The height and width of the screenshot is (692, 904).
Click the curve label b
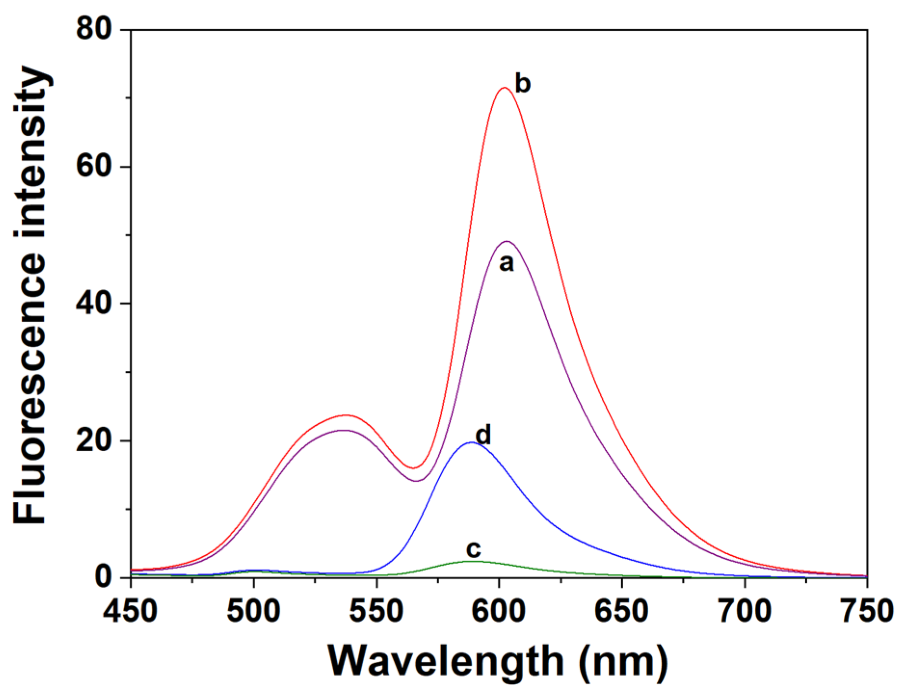(523, 84)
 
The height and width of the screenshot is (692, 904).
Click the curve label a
(506, 263)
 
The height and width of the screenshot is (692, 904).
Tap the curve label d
(483, 435)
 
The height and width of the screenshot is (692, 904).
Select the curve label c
(473, 549)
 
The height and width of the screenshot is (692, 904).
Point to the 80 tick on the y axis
(94, 30)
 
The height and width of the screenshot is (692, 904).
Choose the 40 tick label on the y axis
(94, 303)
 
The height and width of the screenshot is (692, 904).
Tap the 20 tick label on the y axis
(94, 441)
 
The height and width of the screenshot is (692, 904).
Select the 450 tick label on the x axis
(131, 611)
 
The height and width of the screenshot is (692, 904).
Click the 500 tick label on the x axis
(253, 611)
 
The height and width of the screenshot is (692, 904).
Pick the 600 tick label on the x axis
(499, 611)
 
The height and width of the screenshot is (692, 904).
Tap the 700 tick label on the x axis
(745, 611)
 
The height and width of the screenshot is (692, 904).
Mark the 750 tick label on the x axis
(867, 611)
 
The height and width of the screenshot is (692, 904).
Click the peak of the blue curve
(472, 442)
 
